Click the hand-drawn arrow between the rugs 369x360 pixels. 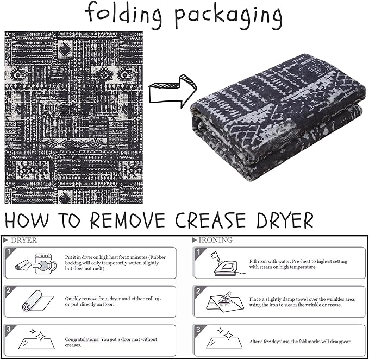click(173, 91)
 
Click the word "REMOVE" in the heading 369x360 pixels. click(128, 220)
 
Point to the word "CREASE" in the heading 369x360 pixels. click(211, 220)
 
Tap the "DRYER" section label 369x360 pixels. click(24, 241)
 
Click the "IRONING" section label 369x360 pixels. click(216, 240)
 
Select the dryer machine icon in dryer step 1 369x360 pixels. click(46, 263)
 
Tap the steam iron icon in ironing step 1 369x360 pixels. click(227, 264)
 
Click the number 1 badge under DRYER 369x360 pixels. click(9, 252)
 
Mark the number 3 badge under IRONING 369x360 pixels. click(198, 329)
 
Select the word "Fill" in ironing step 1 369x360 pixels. click(253, 261)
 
